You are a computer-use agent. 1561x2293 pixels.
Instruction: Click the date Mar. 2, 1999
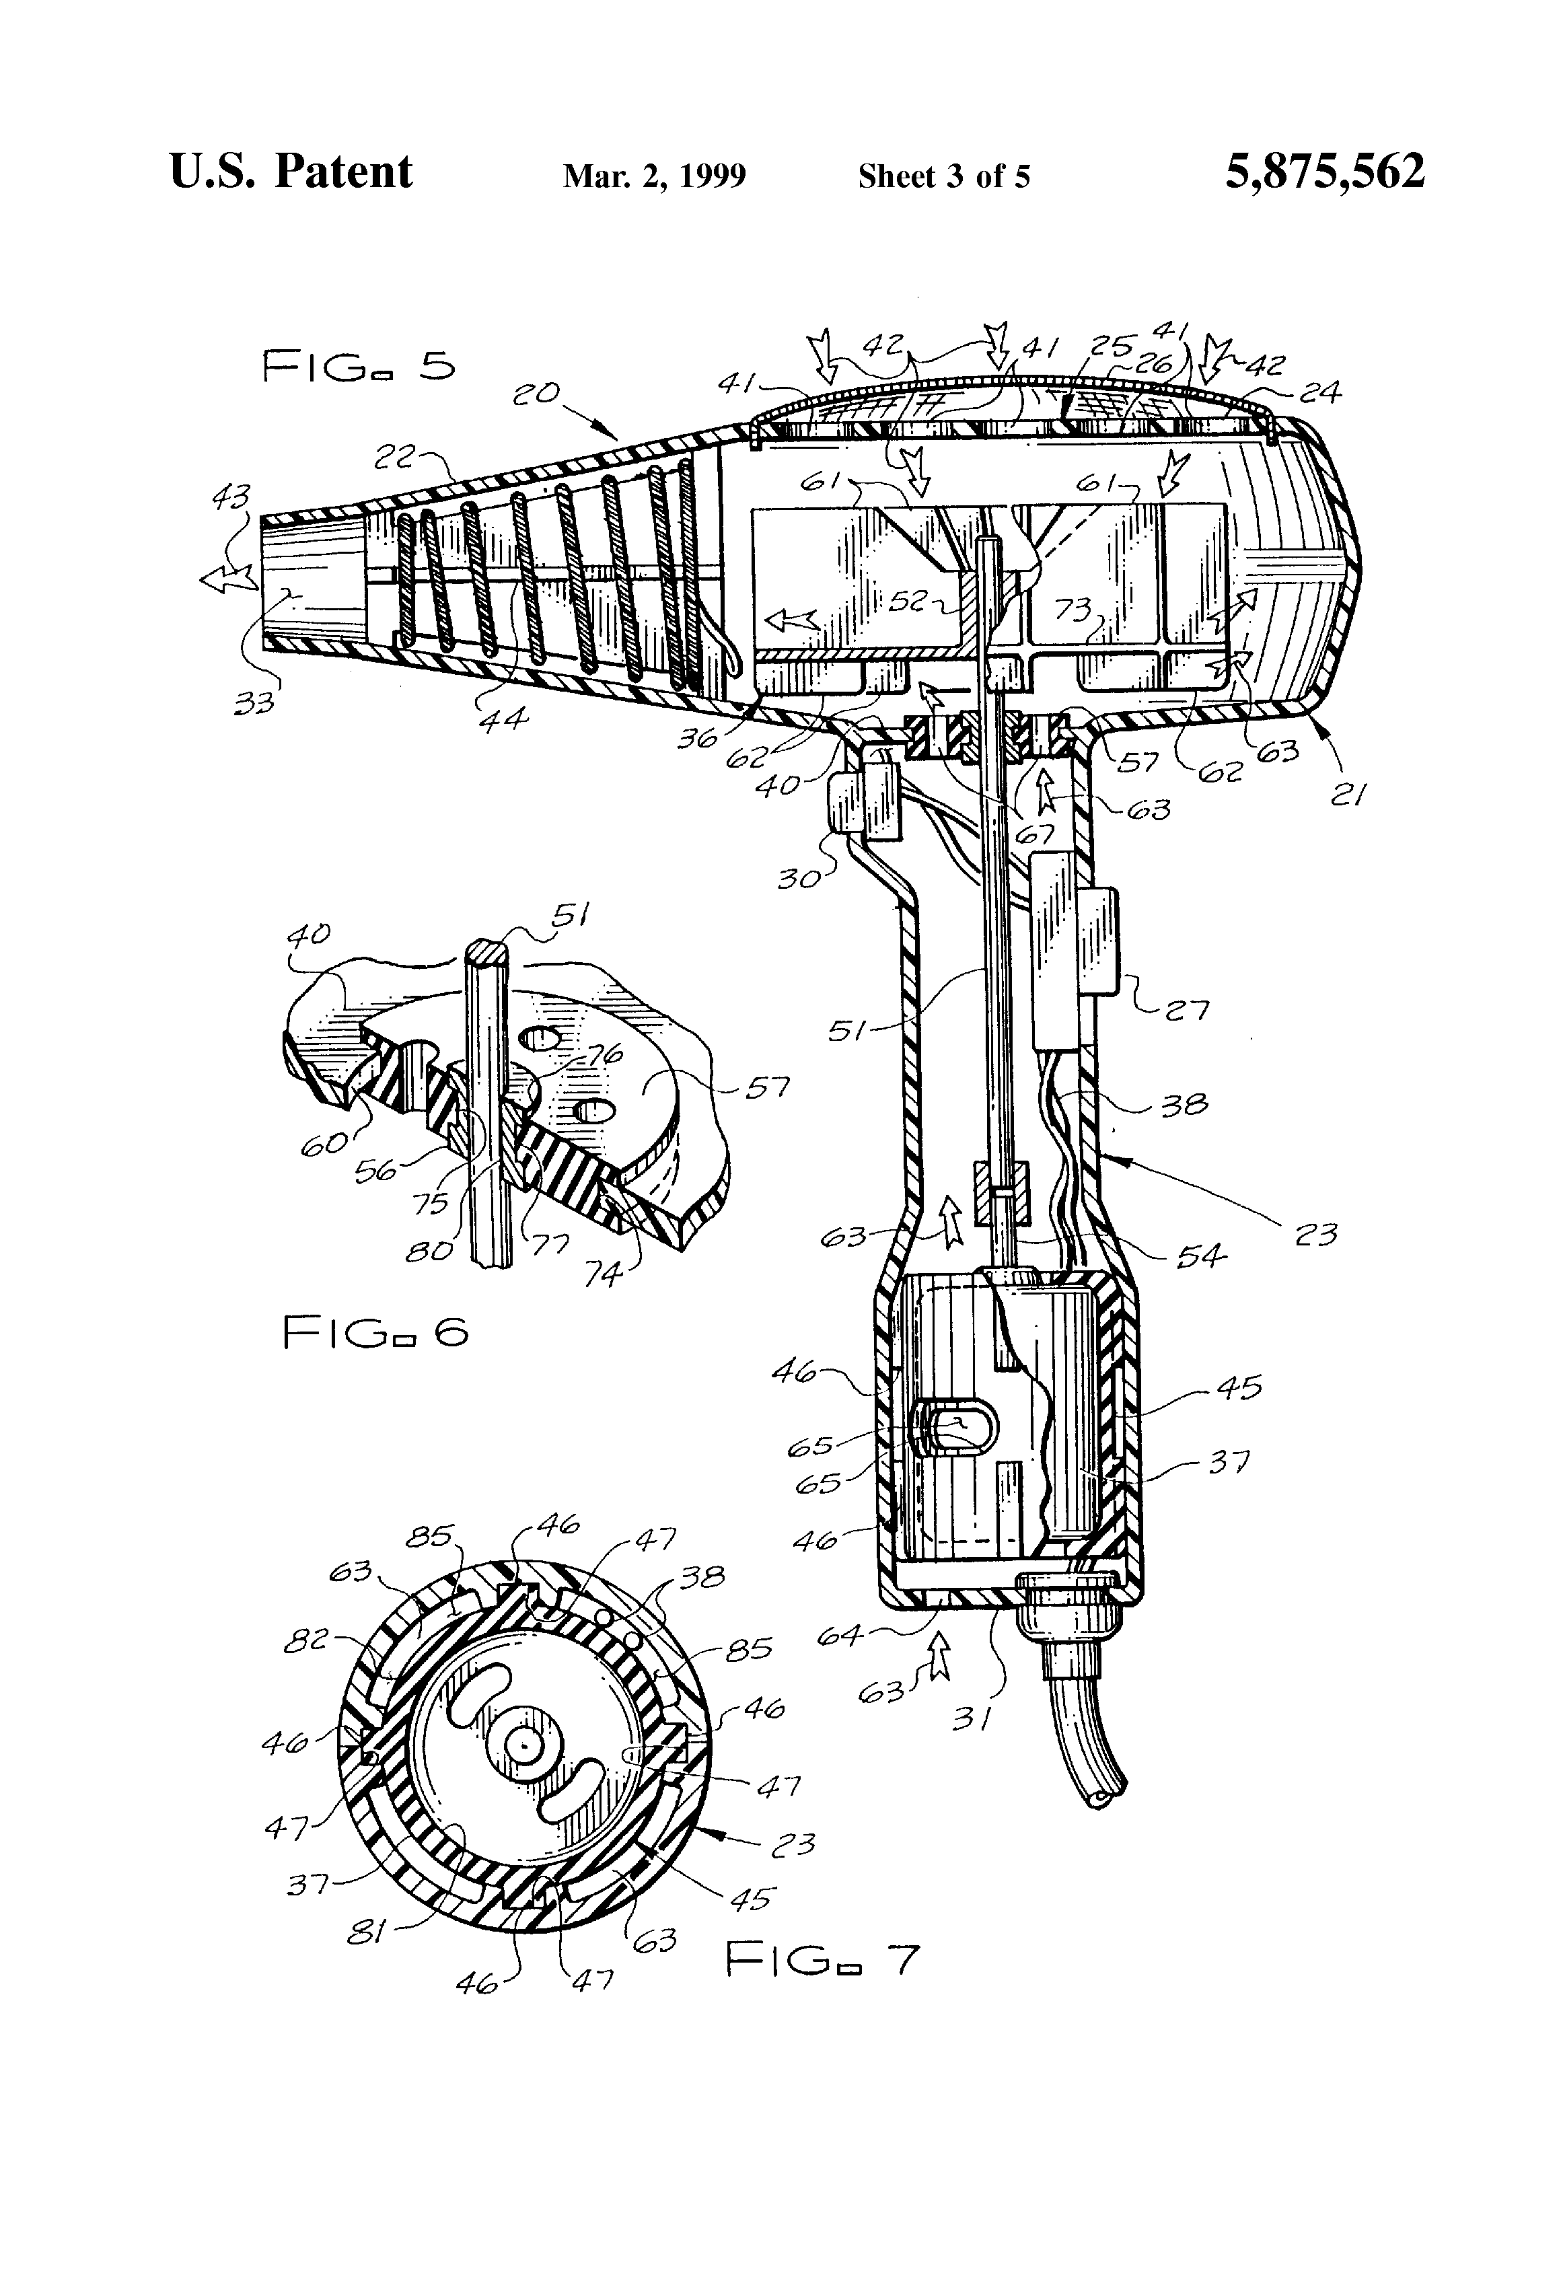pyautogui.click(x=654, y=176)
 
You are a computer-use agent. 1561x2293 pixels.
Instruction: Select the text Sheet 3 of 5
pyautogui.click(x=943, y=176)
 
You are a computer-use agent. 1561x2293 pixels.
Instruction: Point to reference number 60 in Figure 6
pyautogui.click(x=326, y=1144)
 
